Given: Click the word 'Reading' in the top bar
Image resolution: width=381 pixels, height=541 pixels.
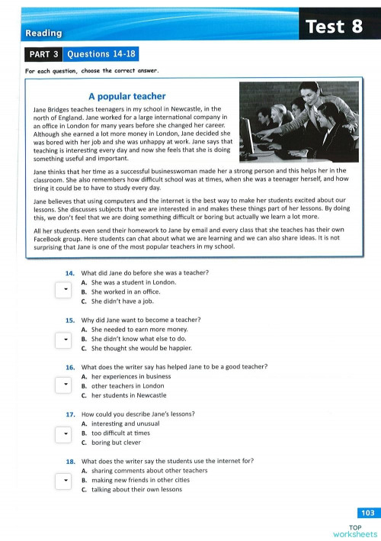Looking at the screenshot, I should click(43, 34).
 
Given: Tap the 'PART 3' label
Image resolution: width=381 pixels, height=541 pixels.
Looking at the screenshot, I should click(43, 55).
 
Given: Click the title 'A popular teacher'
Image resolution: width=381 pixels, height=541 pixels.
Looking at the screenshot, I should click(126, 97).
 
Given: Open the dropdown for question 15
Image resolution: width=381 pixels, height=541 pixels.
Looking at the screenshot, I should click(63, 338).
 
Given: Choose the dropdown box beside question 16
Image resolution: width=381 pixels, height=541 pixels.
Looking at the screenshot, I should click(63, 386).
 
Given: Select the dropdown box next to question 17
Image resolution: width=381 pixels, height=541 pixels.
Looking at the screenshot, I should click(63, 433).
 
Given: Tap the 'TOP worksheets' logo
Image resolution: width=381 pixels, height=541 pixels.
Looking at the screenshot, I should click(356, 530).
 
